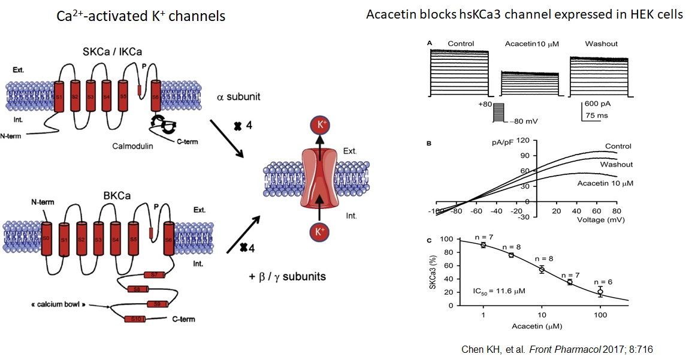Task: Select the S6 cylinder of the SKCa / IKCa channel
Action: (x=156, y=96)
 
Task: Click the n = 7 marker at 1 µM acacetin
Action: (x=483, y=244)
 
